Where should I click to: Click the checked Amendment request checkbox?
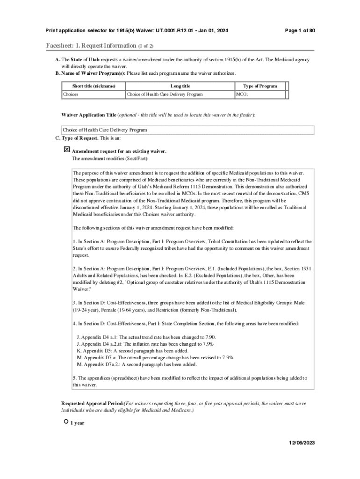tap(66, 150)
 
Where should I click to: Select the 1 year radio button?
tap(66, 422)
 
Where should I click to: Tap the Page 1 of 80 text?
tap(300, 31)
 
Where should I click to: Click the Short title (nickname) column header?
tap(94, 86)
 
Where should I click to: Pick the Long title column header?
tap(180, 86)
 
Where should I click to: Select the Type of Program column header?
tap(260, 86)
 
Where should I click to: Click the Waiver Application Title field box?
tap(187, 130)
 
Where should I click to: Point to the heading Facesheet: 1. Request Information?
tap(91, 46)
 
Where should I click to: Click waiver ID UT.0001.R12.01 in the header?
tap(171, 31)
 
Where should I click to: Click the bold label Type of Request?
tap(80, 138)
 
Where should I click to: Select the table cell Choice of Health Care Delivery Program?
tap(165, 94)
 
